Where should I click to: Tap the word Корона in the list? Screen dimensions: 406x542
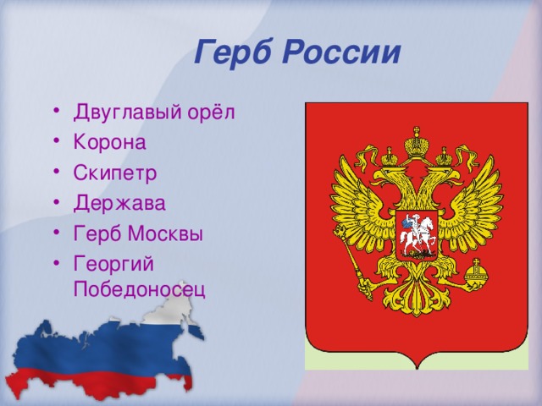pos(109,141)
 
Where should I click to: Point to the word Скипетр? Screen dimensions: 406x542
pos(115,173)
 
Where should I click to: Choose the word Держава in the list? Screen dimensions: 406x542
pos(119,203)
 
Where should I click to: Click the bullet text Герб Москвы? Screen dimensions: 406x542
pos(138,233)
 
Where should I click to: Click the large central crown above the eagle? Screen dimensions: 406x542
pos(416,141)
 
